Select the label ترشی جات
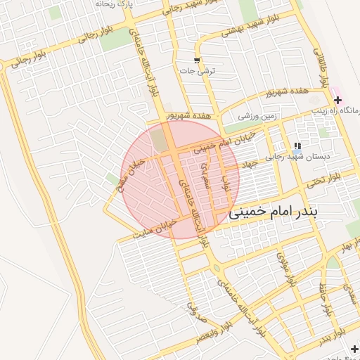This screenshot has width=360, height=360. click(198, 71)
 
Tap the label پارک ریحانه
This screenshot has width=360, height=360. click(114, 4)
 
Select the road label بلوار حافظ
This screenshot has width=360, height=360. click(326, 300)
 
